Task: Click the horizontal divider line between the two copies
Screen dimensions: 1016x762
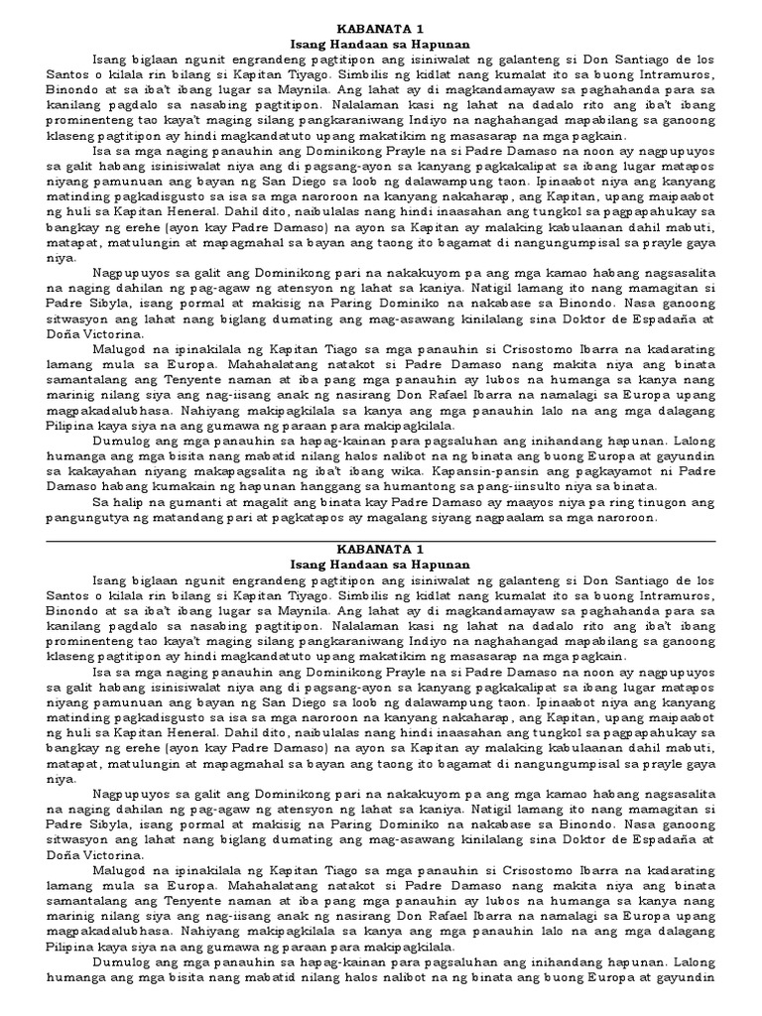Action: click(x=381, y=542)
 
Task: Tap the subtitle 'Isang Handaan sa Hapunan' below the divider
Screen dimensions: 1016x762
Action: click(x=381, y=566)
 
